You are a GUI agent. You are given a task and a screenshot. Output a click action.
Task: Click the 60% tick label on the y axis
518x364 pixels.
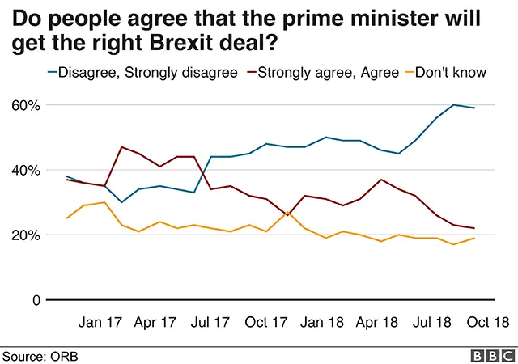(25, 105)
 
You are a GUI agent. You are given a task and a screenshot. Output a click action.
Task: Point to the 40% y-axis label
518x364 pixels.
(25, 170)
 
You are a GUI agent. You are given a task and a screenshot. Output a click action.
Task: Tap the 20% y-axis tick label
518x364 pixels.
(25, 235)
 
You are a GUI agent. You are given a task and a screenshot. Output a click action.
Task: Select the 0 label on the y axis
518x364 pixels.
(36, 300)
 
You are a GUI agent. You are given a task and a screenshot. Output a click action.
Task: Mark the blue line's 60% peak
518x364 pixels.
(455, 105)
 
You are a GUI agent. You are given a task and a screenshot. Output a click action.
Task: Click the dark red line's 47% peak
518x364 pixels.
(121, 147)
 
